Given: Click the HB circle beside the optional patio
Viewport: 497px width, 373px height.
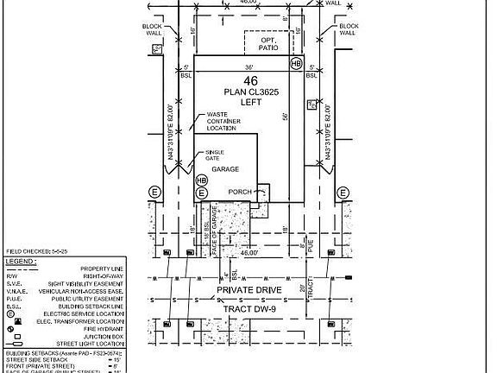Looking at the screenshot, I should click(296, 64).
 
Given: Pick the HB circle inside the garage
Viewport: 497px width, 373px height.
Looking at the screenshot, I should click(203, 180).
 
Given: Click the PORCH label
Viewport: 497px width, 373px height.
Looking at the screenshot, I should click(240, 192).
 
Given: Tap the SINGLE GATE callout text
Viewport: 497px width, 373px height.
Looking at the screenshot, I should click(214, 155).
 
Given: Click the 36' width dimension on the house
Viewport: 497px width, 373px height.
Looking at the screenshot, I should click(248, 66).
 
